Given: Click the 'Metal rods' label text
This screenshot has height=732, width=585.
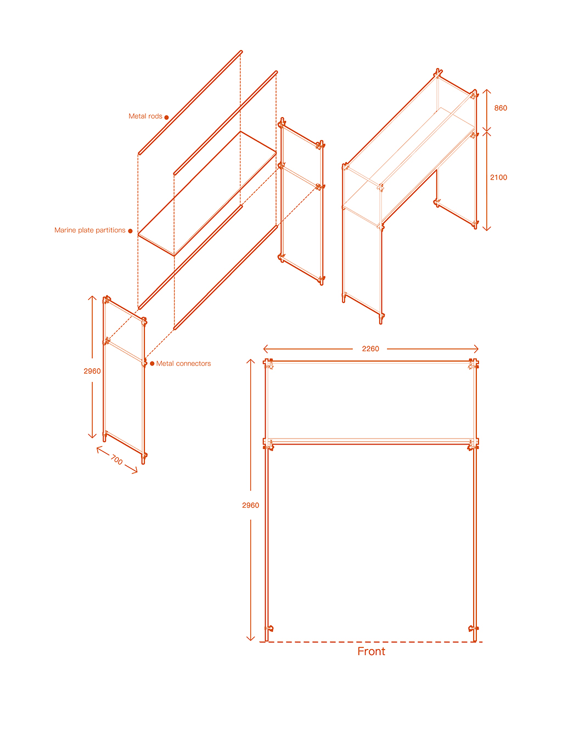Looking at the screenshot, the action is click(145, 116).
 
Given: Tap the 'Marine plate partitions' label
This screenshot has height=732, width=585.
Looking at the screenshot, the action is click(89, 230).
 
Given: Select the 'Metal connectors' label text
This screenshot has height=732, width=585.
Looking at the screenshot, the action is click(183, 363).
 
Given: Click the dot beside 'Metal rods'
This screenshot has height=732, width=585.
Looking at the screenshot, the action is click(166, 118).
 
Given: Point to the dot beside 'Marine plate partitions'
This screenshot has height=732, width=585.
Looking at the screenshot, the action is click(130, 231).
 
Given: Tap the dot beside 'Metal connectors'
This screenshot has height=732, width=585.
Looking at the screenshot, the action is click(152, 363).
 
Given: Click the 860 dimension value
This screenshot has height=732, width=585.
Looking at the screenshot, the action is click(500, 108).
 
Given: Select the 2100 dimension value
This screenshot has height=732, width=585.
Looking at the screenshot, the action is click(498, 177).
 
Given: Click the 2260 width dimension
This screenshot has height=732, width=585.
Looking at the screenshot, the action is click(370, 348).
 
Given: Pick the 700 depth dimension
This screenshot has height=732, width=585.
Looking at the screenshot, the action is click(116, 460).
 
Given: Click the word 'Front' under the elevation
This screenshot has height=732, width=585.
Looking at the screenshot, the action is click(371, 651).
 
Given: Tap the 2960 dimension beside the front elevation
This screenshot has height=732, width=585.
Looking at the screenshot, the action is click(250, 505).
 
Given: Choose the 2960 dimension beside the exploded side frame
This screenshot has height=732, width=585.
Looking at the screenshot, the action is click(92, 371).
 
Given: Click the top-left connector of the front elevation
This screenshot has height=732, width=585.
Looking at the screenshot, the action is click(268, 364).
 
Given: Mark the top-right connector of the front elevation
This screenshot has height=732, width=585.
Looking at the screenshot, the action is click(473, 364).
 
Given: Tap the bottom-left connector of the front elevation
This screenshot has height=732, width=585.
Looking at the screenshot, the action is click(268, 628).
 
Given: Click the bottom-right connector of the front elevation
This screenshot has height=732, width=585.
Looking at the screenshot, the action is click(473, 628).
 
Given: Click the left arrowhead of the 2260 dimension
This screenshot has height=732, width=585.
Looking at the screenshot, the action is click(265, 348).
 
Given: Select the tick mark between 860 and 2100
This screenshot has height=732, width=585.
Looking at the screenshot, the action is click(487, 132).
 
